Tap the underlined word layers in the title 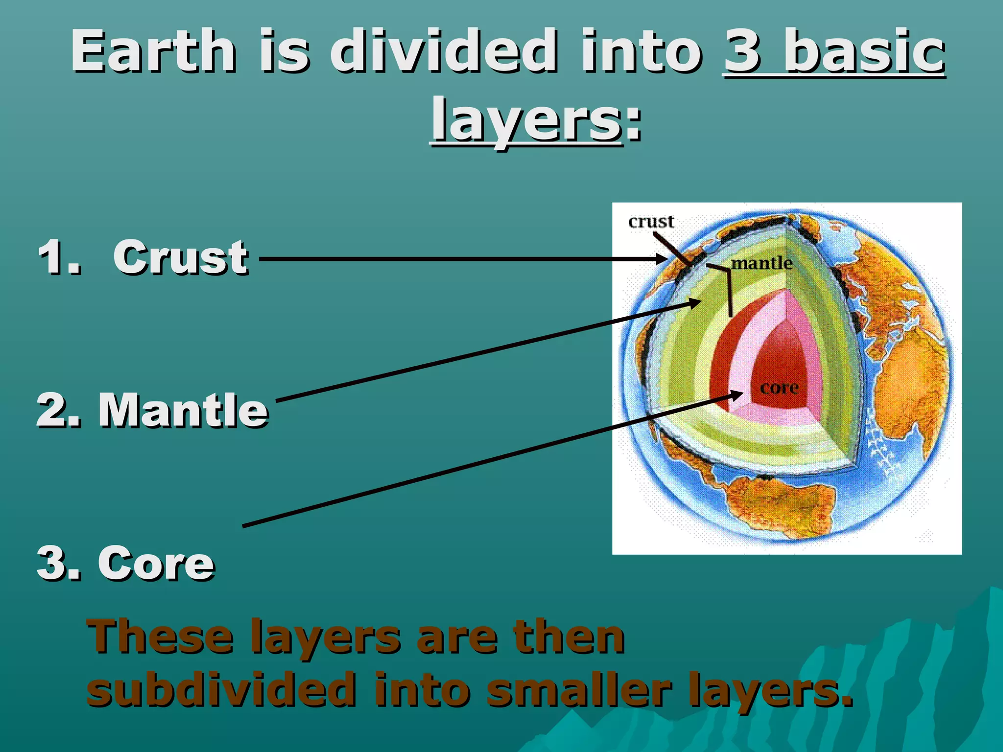[x=526, y=120]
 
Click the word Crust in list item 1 [x=180, y=258]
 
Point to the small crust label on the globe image [x=651, y=222]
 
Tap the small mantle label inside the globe [x=762, y=263]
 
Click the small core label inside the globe [x=779, y=388]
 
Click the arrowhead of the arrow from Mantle [x=695, y=302]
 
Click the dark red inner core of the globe [x=779, y=362]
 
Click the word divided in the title [x=443, y=51]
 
